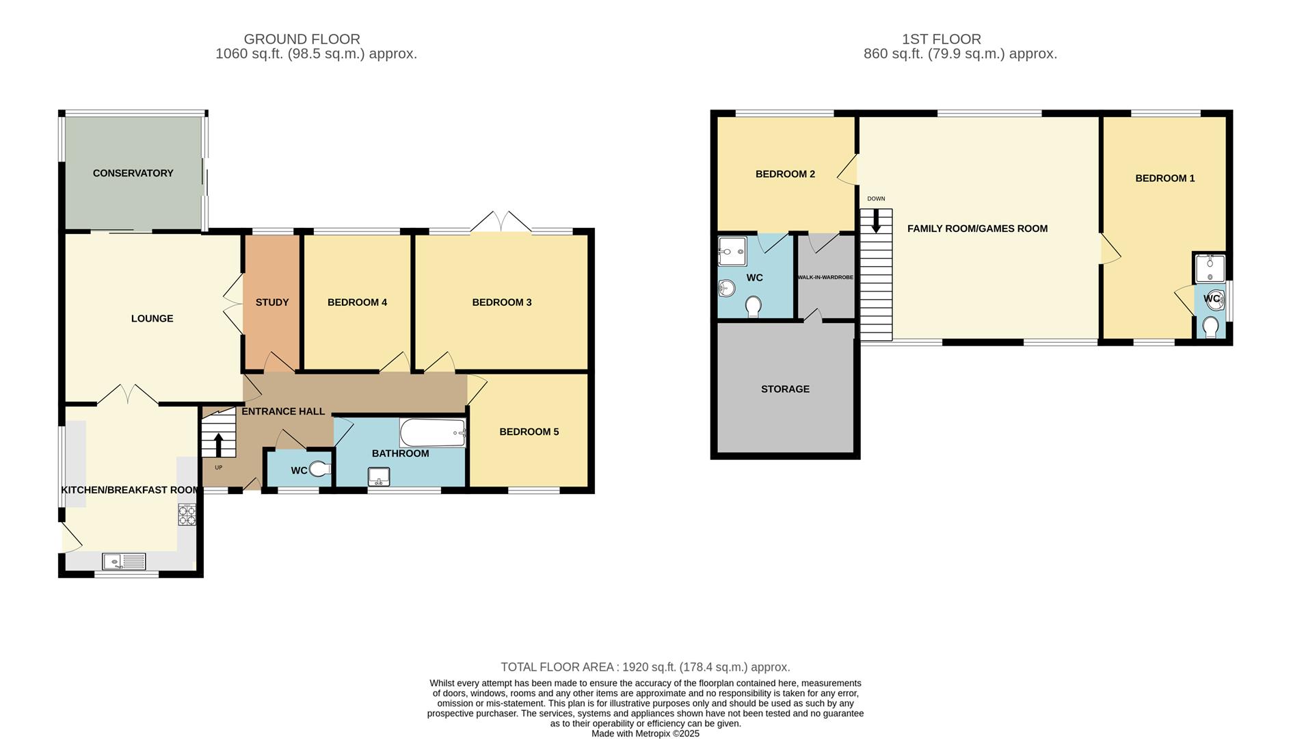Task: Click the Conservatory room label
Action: pyautogui.click(x=133, y=173)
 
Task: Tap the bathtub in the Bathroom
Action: pyautogui.click(x=432, y=432)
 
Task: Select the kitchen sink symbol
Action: pyautogui.click(x=124, y=562)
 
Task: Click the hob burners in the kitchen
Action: pyautogui.click(x=187, y=515)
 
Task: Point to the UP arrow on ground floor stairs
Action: pyautogui.click(x=218, y=445)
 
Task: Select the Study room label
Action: pyautogui.click(x=272, y=302)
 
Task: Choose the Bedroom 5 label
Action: pyautogui.click(x=529, y=432)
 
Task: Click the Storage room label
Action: pyautogui.click(x=785, y=389)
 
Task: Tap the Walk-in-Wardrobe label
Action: pyautogui.click(x=825, y=277)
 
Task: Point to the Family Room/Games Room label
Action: pyautogui.click(x=977, y=229)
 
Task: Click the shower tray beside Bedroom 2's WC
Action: pyautogui.click(x=732, y=252)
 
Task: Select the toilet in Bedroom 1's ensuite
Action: pyautogui.click(x=1210, y=327)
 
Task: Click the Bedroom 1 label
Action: pyautogui.click(x=1164, y=179)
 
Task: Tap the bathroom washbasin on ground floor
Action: pyautogui.click(x=378, y=477)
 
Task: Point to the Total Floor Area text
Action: pyautogui.click(x=645, y=667)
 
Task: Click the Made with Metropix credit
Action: pyautogui.click(x=645, y=733)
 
